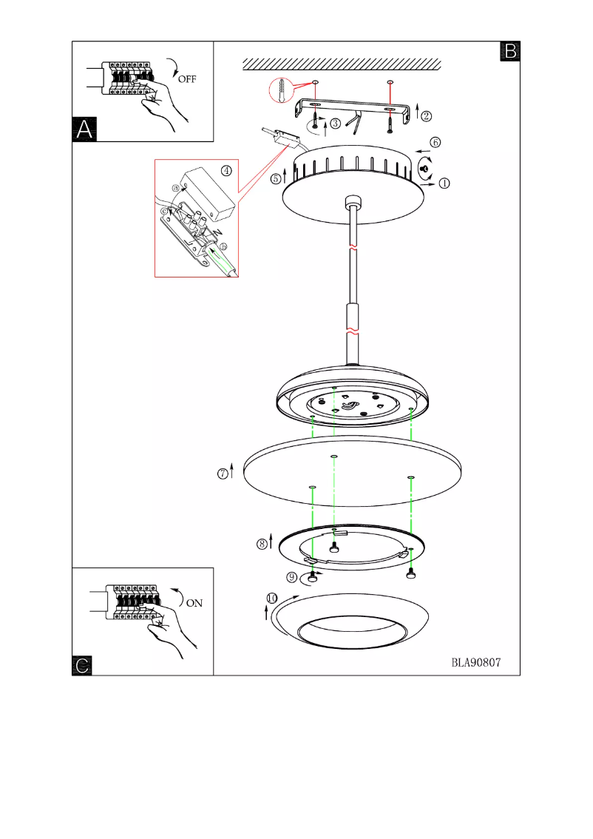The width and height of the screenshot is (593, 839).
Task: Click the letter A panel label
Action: point(84,129)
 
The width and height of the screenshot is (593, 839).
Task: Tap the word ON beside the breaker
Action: point(194,602)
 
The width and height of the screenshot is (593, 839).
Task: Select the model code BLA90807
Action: point(476,663)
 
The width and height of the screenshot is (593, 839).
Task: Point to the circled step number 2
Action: point(427,115)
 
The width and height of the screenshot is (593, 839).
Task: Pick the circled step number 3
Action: point(336,124)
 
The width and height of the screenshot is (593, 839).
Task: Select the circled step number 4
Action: point(226,170)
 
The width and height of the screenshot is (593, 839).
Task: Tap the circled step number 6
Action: point(436,141)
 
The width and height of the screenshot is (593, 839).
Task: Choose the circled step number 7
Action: point(222,474)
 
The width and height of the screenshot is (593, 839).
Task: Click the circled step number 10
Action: point(273,598)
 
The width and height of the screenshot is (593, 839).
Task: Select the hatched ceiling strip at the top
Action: point(343,63)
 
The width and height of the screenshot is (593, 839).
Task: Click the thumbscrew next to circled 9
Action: point(314,577)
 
